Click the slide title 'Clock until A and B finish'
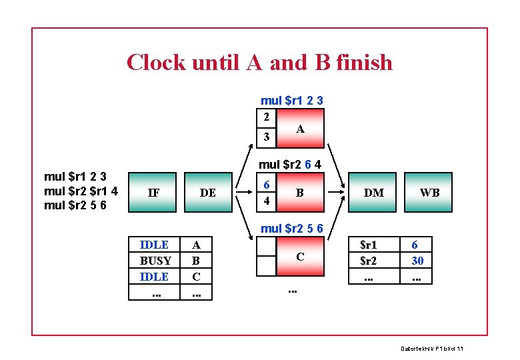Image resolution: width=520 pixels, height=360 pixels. tap(259, 63)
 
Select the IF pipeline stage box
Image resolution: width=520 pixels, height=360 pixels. tap(153, 193)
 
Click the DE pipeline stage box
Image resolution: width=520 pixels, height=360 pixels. tap(207, 193)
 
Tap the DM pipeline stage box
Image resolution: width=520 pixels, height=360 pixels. tap(373, 193)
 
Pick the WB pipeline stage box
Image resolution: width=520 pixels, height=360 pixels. tap(429, 193)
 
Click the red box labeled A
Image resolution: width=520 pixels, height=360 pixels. tap(300, 129)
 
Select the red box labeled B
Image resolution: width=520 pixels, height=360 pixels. tap(300, 193)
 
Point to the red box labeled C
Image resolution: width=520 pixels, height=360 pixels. tap(300, 257)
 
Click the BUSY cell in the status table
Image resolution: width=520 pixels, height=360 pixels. tap(155, 260)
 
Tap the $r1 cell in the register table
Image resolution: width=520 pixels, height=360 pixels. tap(368, 245)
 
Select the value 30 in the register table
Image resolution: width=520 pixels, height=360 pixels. tap(417, 260)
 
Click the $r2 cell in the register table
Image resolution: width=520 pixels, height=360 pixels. tap(368, 260)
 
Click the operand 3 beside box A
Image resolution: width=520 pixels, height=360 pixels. tap(266, 137)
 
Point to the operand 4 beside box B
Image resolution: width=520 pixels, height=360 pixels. tap(266, 201)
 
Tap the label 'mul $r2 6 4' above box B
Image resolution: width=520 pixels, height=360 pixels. tap(290, 164)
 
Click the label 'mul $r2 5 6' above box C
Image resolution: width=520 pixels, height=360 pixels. tap(292, 228)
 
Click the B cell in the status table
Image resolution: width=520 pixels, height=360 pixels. tap(196, 260)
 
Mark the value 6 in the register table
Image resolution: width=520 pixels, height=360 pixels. tap(415, 245)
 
